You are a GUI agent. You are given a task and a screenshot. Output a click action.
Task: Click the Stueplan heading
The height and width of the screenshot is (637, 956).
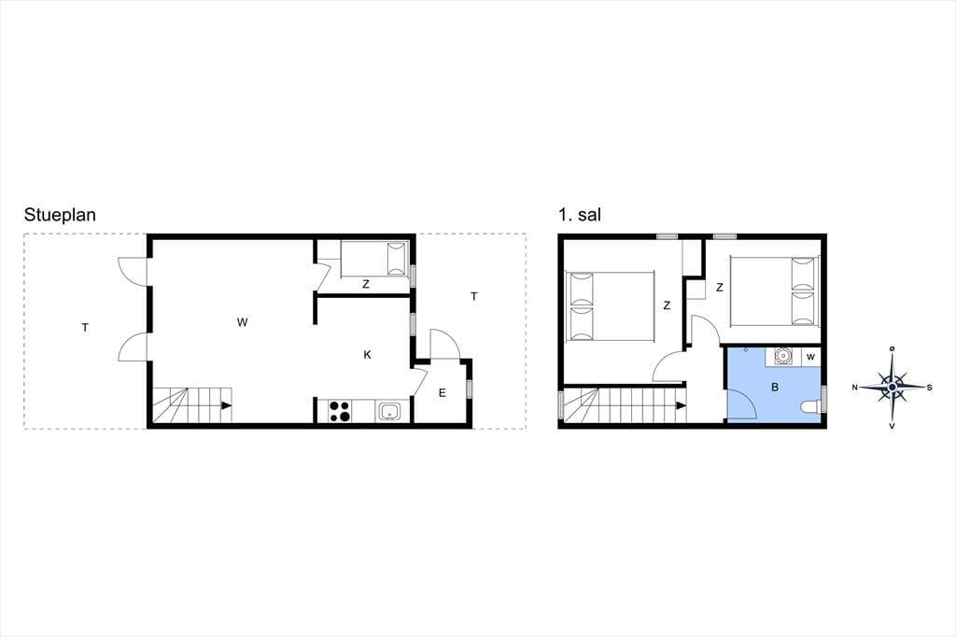click(60, 216)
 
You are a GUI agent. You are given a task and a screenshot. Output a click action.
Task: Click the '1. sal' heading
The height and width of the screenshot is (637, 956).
click(579, 215)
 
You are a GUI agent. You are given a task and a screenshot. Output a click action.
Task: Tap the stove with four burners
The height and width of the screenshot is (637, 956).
click(340, 411)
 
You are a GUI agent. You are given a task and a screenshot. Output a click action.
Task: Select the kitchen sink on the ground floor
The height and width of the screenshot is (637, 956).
click(388, 411)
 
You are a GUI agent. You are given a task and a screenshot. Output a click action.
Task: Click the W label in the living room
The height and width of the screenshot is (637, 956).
click(242, 322)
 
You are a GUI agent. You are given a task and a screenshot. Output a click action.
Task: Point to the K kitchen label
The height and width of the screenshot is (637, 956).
click(367, 355)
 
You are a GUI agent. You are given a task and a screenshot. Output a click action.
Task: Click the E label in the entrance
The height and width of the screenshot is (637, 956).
click(442, 393)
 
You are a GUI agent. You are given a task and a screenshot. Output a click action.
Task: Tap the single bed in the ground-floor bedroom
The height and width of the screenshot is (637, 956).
click(373, 259)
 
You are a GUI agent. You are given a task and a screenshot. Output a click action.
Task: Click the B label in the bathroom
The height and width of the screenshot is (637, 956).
click(775, 387)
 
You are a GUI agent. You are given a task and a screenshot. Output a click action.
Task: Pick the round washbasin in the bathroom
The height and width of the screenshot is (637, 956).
click(782, 355)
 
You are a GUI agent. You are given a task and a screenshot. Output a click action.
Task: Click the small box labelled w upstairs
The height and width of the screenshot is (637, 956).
click(810, 357)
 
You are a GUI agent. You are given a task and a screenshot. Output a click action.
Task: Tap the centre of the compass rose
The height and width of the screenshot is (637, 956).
click(892, 387)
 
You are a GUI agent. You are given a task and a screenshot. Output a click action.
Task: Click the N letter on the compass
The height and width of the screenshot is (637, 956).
click(855, 388)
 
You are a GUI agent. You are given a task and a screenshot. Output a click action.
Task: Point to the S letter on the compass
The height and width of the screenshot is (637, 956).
click(929, 388)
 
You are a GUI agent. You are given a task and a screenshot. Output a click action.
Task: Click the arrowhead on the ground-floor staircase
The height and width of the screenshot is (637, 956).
click(226, 404)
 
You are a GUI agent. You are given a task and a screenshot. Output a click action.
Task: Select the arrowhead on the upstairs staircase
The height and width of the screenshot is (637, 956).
click(681, 404)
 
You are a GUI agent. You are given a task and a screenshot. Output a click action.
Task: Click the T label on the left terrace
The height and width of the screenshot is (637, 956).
click(85, 328)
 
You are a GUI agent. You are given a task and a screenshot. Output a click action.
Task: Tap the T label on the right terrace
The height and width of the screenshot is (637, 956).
click(473, 296)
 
